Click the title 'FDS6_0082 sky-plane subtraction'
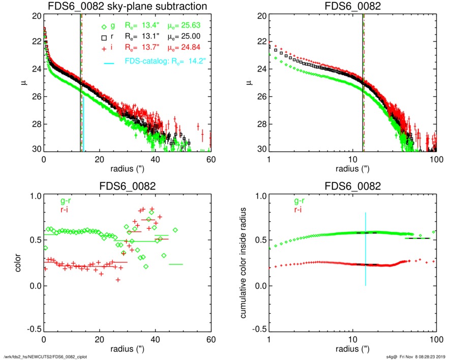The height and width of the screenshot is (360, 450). coord(127,6)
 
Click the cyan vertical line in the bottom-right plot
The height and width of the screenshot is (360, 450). coord(365,249)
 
